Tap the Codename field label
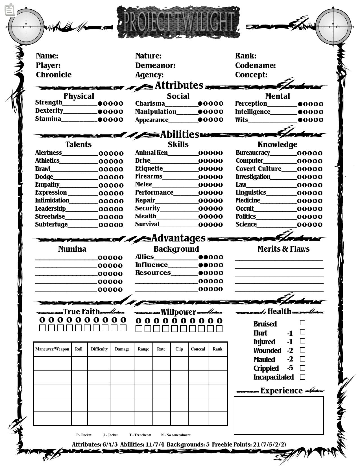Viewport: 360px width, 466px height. (x=255, y=66)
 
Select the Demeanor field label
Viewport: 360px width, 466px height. (x=155, y=66)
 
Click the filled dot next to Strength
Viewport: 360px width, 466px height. (x=100, y=104)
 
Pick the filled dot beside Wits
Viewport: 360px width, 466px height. (x=300, y=120)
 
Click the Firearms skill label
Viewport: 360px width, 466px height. (x=149, y=177)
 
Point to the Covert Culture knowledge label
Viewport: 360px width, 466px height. (x=258, y=169)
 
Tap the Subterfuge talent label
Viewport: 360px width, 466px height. (x=51, y=225)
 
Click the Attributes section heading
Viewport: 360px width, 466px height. (x=179, y=85)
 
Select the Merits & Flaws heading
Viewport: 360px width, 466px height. (x=283, y=249)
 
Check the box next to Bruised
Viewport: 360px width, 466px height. (x=302, y=323)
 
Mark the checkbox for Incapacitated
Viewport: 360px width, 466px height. (x=302, y=377)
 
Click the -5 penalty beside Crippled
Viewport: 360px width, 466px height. (x=290, y=368)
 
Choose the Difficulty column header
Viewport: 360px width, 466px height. (x=99, y=349)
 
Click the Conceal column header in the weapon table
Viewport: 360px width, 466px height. (x=198, y=349)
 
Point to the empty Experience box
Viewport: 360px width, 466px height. (x=279, y=415)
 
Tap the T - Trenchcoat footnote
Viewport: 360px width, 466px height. (x=140, y=435)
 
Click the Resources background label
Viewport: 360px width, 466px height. (x=153, y=273)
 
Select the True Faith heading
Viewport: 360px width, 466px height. (x=81, y=312)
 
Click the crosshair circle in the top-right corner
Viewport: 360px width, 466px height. (x=333, y=27)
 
